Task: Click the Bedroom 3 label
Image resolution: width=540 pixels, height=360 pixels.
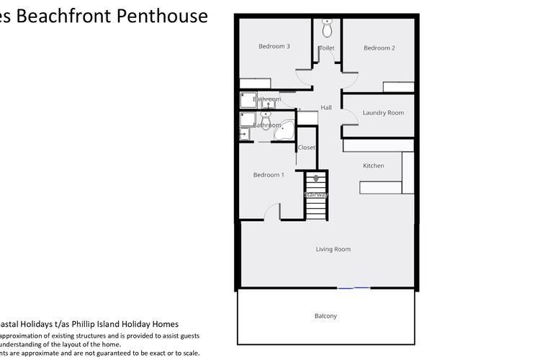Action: point(274,47)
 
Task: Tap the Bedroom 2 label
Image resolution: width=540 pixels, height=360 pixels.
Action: point(379,48)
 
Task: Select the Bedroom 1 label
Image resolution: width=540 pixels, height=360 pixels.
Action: point(269,175)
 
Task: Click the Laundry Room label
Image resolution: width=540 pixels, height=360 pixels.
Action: point(383,112)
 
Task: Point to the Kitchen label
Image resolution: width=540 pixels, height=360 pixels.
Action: point(373,166)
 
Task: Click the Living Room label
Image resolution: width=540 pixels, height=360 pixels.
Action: point(333,249)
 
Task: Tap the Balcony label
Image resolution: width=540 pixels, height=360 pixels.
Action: point(325,316)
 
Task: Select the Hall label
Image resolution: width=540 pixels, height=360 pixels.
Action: point(326,108)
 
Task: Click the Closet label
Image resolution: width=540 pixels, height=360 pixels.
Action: point(306,148)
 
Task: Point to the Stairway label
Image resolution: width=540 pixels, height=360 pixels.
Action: point(316,194)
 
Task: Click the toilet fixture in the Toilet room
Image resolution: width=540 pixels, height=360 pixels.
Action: point(327,29)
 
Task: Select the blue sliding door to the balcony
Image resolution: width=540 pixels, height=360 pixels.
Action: point(354,288)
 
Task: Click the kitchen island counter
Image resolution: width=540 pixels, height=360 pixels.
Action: point(380,187)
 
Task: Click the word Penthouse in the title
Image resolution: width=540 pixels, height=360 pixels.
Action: point(163,16)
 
